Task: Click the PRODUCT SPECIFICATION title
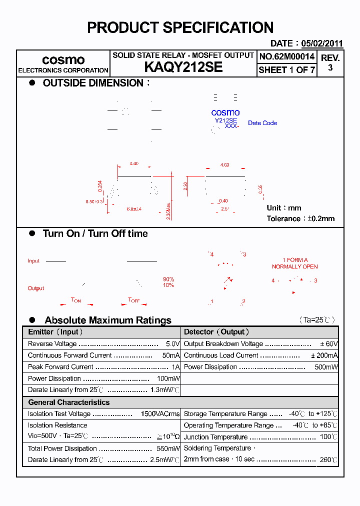(180, 27)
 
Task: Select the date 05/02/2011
(321, 43)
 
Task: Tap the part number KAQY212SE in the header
(183, 67)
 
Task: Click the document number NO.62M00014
(287, 57)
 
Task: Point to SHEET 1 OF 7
(287, 70)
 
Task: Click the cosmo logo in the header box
(63, 60)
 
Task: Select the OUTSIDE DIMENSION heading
(93, 83)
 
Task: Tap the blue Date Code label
(262, 123)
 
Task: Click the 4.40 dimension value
(133, 164)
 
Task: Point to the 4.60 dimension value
(225, 164)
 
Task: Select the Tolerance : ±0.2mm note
(300, 218)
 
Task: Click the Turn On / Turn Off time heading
(95, 233)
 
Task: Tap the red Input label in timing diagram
(33, 261)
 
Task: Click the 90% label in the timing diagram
(168, 279)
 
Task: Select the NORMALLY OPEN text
(295, 266)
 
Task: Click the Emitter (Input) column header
(55, 332)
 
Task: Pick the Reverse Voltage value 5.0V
(172, 344)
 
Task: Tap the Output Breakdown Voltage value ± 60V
(329, 344)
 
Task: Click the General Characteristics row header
(68, 402)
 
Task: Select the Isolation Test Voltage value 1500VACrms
(160, 414)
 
